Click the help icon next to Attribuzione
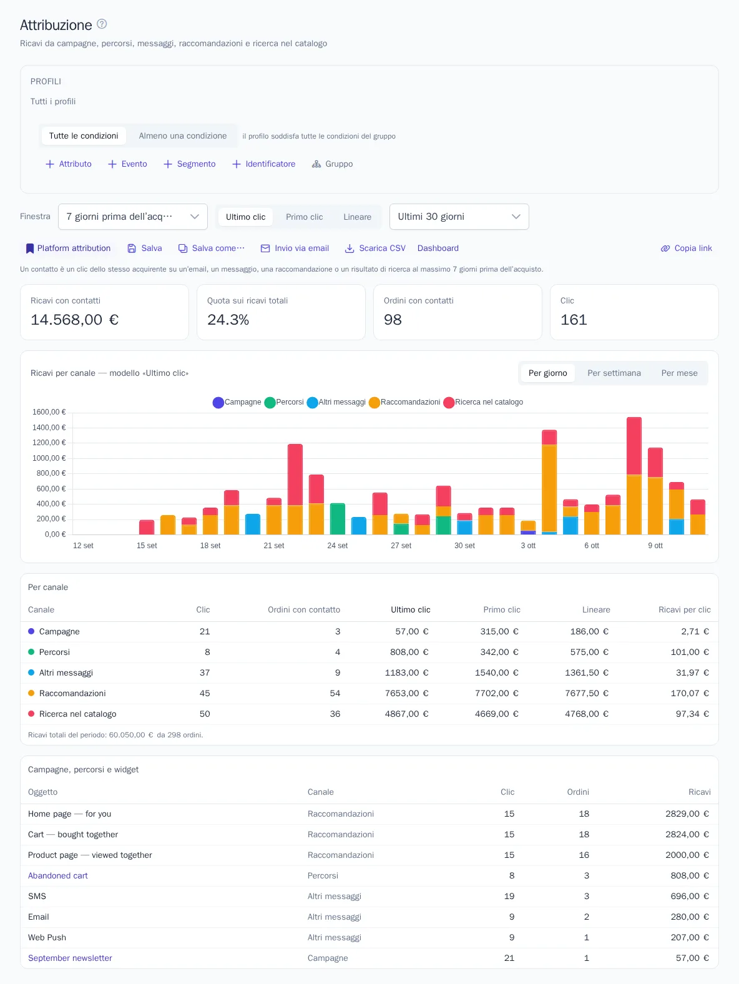click(102, 24)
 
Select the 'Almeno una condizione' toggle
click(182, 136)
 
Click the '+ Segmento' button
click(190, 164)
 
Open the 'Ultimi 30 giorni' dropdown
click(459, 217)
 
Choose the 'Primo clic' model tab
click(305, 217)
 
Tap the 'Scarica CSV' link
click(375, 248)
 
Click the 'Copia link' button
click(686, 248)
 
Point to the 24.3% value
click(228, 320)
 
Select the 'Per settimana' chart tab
click(614, 373)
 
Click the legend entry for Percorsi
click(284, 402)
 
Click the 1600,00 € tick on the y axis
click(49, 412)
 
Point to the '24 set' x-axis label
click(338, 546)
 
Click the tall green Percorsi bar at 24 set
click(338, 519)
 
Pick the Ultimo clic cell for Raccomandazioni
click(406, 693)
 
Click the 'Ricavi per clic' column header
click(684, 609)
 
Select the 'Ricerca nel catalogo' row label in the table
click(77, 714)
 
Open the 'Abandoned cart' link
click(58, 875)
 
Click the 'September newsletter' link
click(70, 958)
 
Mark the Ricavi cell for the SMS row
click(690, 896)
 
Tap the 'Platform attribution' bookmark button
click(68, 248)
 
